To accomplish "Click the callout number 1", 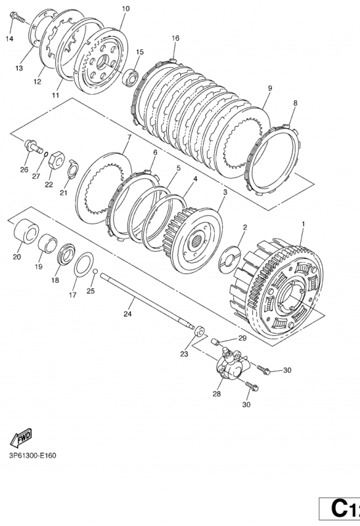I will (x=303, y=224).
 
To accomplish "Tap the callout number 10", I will (x=125, y=9).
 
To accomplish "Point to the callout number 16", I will (x=175, y=39).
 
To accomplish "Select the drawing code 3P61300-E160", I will (x=32, y=455).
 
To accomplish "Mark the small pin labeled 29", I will (x=215, y=341).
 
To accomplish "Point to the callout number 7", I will (x=129, y=137).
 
